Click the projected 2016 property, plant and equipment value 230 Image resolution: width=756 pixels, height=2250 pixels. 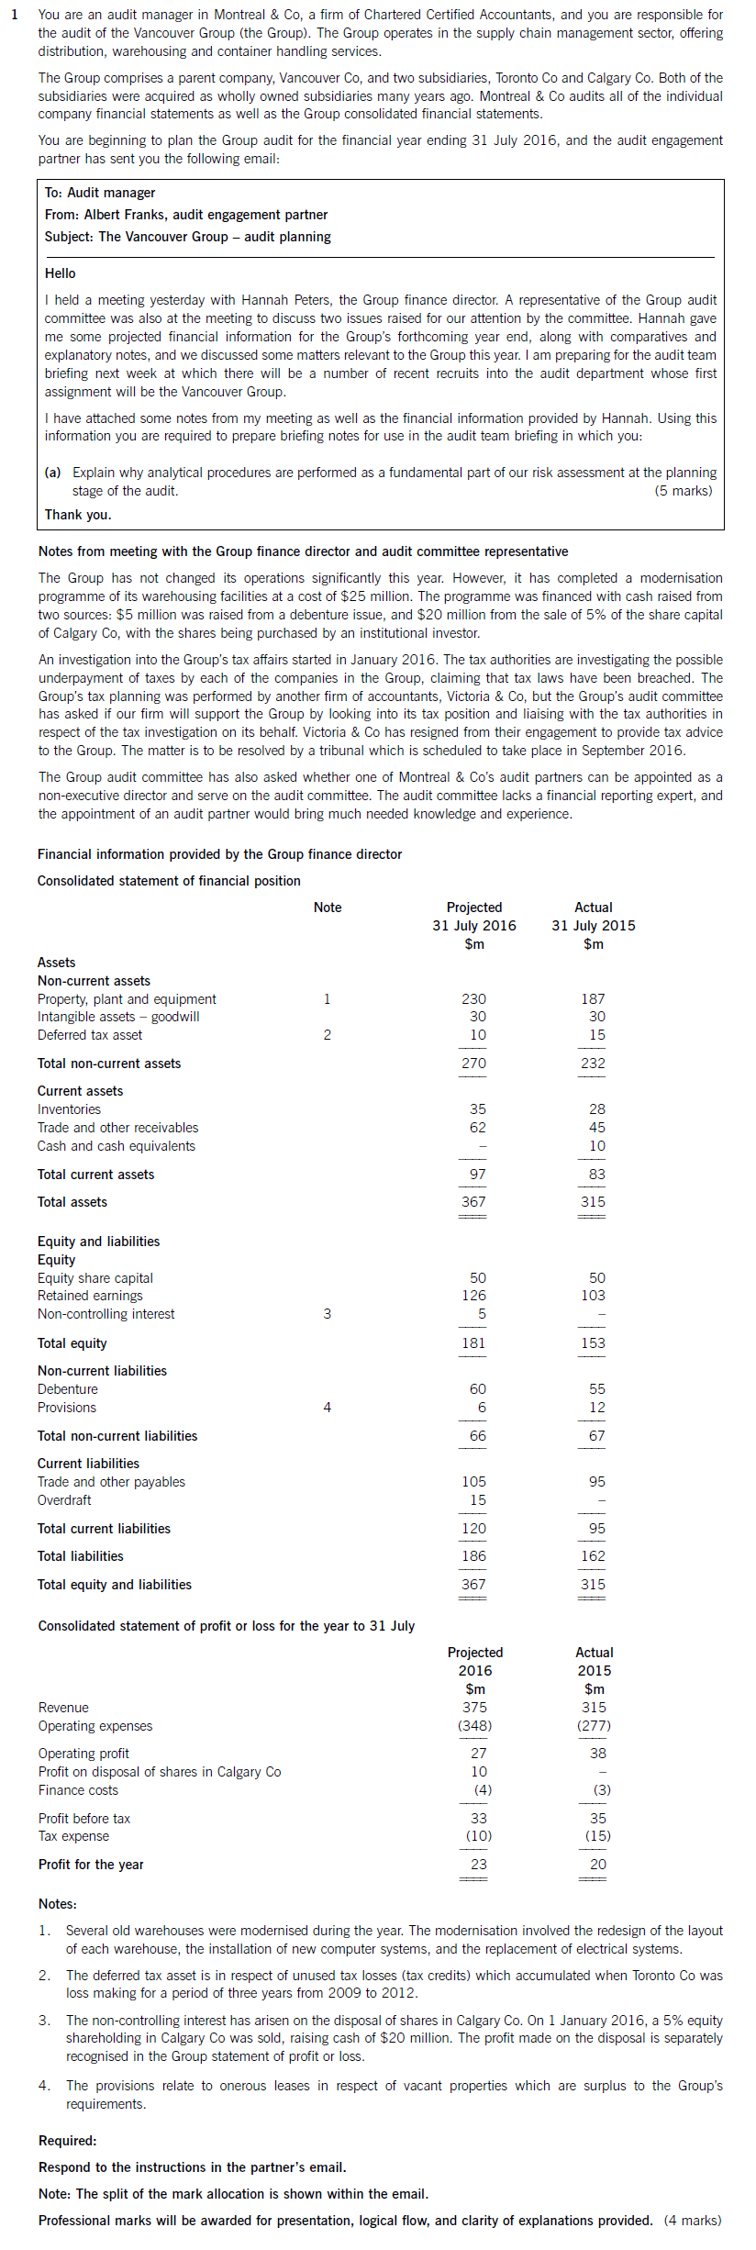(473, 998)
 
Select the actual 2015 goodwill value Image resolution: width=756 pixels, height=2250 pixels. (596, 1017)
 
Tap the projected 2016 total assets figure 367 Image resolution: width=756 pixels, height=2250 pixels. (473, 1201)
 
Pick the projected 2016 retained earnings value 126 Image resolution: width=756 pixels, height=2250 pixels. (473, 1296)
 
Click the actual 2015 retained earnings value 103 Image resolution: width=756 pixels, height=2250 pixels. (593, 1296)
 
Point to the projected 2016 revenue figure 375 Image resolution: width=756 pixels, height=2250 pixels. (474, 1708)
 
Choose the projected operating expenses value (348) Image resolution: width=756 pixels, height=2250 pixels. (474, 1726)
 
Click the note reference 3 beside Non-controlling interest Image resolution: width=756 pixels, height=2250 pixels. (327, 1314)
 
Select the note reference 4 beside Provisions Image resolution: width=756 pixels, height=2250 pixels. (327, 1408)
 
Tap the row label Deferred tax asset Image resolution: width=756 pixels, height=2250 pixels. (90, 1035)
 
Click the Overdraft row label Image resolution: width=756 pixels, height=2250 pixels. (64, 1500)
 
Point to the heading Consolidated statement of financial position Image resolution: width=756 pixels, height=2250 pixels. (169, 881)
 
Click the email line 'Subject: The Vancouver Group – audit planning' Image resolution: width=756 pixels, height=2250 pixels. (187, 237)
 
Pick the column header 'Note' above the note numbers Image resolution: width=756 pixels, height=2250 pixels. (328, 908)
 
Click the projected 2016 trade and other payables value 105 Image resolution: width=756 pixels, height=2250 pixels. (473, 1482)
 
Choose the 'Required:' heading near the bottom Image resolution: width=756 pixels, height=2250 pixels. (67, 2141)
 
